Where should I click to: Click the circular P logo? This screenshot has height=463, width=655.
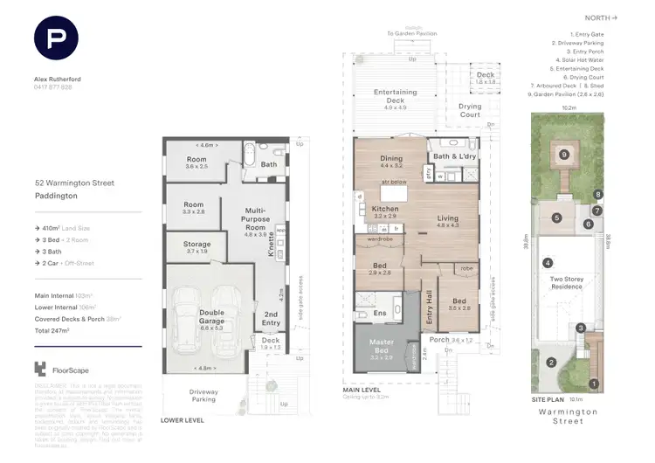(56, 39)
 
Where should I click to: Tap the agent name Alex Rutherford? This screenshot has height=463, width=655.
(59, 79)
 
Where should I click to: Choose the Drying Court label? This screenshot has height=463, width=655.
(470, 111)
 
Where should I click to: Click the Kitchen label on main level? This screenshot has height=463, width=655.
(385, 210)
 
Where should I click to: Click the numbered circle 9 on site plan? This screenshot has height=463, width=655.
(564, 155)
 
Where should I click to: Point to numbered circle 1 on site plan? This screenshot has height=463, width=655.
(594, 383)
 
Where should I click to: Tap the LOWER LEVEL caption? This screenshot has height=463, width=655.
(183, 420)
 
